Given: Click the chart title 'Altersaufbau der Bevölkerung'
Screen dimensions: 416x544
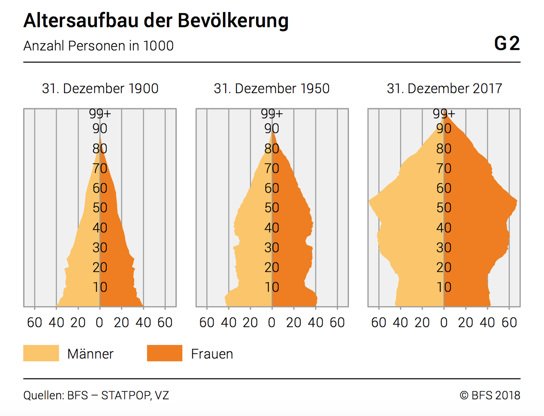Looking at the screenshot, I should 156,21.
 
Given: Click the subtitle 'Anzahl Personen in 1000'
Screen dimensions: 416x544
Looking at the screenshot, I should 98,46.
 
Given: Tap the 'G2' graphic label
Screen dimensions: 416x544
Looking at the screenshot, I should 507,44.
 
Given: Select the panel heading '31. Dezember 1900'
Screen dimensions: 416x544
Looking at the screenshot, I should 100,89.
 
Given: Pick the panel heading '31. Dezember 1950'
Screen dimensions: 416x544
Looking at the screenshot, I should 272,89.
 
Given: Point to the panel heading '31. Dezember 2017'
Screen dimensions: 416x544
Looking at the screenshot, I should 444,89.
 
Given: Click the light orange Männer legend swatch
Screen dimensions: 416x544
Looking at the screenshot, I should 41,353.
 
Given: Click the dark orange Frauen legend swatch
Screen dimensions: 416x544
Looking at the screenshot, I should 165,353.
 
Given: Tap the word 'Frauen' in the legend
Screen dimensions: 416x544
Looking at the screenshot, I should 212,354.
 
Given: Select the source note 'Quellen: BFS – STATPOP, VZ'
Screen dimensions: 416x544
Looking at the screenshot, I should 96,395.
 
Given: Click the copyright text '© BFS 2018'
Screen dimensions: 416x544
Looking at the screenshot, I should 490,395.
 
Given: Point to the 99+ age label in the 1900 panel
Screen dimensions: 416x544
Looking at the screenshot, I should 100,114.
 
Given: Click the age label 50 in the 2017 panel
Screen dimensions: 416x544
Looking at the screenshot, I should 444,208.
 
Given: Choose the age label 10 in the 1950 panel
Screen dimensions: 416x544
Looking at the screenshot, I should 272,287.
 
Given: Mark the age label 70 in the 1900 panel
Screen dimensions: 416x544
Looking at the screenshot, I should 100,168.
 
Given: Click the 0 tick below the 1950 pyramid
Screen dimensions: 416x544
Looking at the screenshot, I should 272,322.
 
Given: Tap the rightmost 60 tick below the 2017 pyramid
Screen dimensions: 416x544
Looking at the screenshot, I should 509,322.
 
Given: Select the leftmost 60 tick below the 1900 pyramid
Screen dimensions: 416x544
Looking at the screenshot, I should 35,322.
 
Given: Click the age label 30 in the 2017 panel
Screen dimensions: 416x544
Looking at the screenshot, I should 444,247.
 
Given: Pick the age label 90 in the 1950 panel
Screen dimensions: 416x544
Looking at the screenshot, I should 272,128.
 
